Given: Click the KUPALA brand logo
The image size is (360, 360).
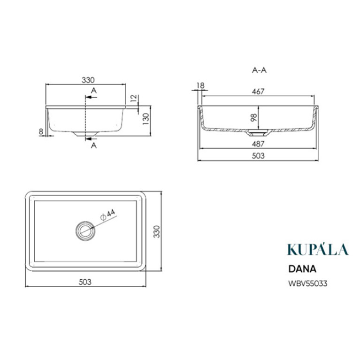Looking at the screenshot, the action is [318, 249].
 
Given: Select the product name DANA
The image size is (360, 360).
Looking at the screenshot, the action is [302, 269].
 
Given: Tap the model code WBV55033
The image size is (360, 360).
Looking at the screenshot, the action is [307, 283].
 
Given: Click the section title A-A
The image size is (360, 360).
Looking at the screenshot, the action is [259, 70].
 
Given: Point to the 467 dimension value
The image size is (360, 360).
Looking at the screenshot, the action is [258, 92].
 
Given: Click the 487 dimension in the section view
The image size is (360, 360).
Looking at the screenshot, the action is [258, 144].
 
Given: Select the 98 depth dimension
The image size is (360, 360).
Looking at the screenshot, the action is [254, 117].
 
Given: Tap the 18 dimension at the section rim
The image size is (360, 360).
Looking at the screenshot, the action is [201, 85].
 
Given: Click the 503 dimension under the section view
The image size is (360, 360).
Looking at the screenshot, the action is [258, 156].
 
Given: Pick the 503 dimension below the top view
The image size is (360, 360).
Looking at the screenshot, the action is [85, 282].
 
